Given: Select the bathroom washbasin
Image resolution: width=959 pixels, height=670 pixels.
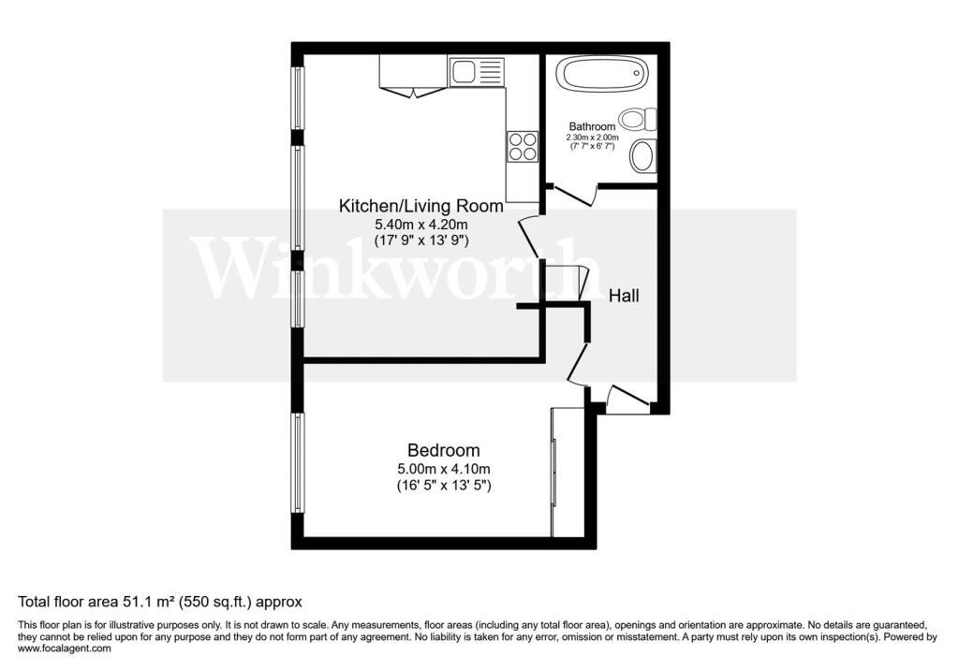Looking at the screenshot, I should (642, 155).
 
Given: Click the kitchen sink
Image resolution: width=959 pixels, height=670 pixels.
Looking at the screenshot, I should (476, 71).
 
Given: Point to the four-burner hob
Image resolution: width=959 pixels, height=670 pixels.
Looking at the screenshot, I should (523, 145).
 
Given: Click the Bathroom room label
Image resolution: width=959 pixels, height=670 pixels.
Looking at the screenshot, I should (593, 126).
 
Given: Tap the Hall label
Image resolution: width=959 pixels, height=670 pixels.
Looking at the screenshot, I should (624, 296).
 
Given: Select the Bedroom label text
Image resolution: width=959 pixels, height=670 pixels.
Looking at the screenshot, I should (443, 450).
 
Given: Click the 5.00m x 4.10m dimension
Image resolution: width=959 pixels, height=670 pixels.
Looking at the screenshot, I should (443, 469).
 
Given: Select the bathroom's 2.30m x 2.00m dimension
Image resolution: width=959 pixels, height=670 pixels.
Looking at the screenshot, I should (593, 138).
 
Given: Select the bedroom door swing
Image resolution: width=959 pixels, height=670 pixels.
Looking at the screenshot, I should (577, 365).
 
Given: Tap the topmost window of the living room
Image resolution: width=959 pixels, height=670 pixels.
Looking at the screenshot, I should (298, 97).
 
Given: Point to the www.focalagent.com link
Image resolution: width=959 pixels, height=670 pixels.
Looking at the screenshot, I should (65, 648).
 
